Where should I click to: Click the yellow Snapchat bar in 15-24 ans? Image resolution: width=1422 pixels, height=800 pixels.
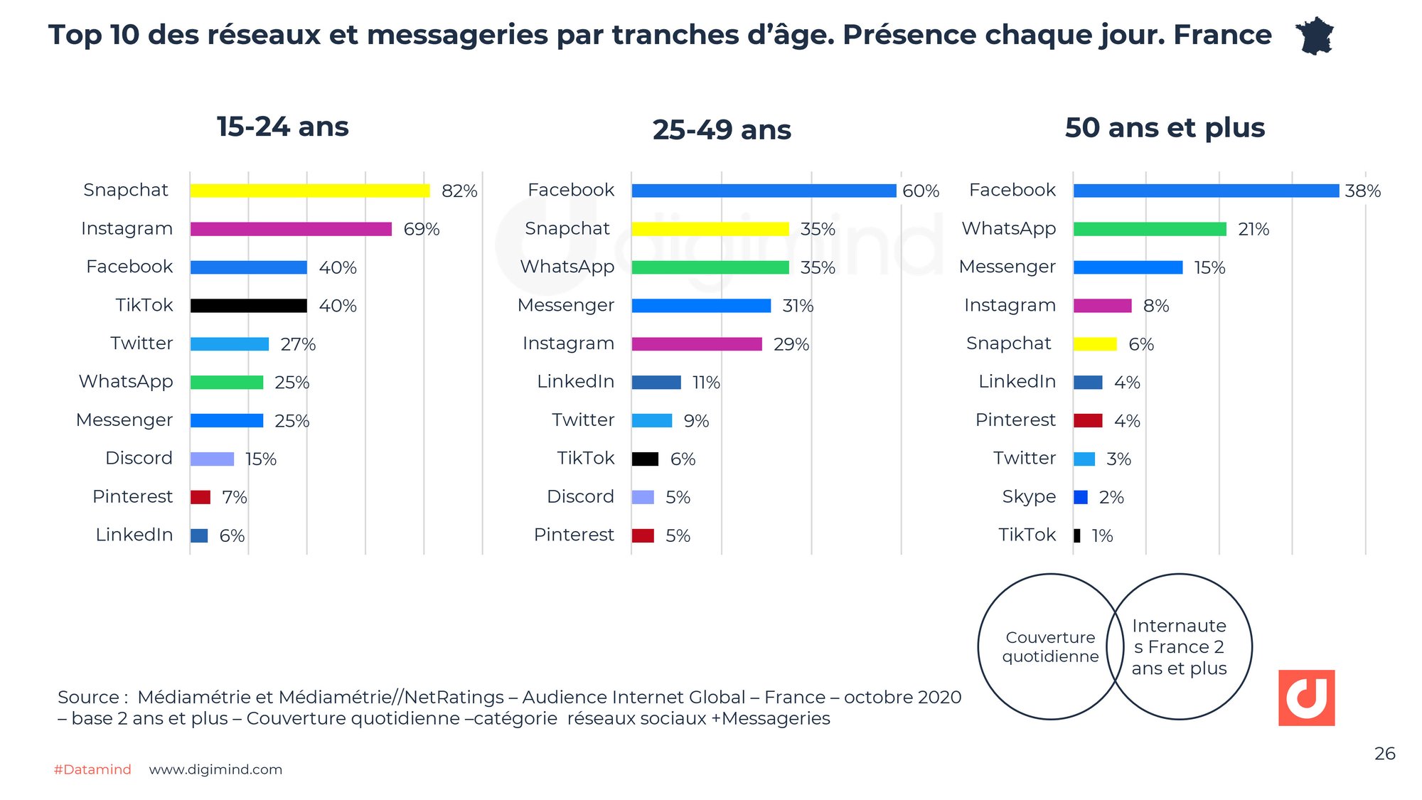point(310,191)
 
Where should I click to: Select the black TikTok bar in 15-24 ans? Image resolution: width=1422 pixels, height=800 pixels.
point(248,306)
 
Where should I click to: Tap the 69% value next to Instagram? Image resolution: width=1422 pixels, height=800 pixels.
point(421,229)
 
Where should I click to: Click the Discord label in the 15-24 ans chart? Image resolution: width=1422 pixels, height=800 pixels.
point(139,458)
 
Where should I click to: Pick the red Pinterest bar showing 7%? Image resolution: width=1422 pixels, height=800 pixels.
point(201,497)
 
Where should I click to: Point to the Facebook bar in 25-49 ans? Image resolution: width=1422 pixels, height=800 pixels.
point(764,191)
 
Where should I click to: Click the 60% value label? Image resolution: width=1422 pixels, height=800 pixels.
point(920,191)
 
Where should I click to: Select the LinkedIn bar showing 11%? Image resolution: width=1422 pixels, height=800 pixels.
point(656,383)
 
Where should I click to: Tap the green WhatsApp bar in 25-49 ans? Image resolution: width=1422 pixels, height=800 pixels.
point(710,267)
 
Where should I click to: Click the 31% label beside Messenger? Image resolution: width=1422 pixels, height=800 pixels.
point(797,306)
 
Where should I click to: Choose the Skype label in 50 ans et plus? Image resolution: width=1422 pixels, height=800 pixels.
point(1028,496)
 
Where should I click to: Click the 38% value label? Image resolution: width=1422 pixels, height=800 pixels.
point(1362,191)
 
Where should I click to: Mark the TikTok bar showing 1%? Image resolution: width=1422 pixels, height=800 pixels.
point(1077,535)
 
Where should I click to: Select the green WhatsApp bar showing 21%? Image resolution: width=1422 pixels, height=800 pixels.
point(1150,229)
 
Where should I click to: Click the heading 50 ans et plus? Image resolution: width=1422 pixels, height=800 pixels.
point(1165,128)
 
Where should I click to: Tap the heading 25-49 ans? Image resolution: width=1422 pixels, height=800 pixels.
point(722,130)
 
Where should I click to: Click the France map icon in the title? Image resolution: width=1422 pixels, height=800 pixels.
point(1315,36)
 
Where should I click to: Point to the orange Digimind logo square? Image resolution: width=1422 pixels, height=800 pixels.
point(1306,698)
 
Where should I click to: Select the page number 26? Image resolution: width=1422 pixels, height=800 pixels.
point(1384,754)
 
